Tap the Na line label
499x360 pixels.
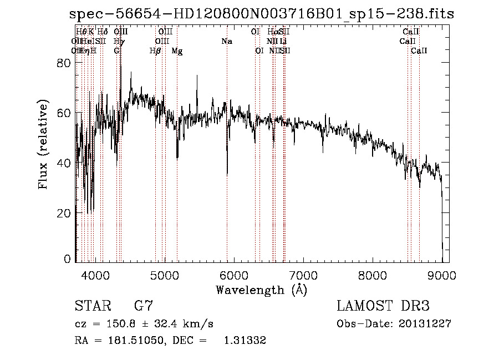click(x=226, y=42)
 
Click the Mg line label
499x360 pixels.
click(x=177, y=51)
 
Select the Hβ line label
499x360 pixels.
click(x=155, y=51)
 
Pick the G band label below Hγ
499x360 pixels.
click(x=116, y=51)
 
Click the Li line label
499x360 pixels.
click(x=283, y=42)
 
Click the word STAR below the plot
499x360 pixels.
click(x=93, y=306)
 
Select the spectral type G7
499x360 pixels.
click(x=143, y=306)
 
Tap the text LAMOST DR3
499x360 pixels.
click(x=383, y=306)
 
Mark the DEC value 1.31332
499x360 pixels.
click(x=245, y=341)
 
